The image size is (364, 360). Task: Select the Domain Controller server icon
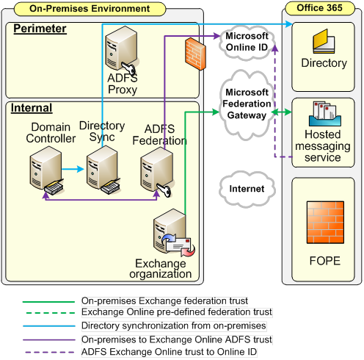46,170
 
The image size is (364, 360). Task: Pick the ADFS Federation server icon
157,172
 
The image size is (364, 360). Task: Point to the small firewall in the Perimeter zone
195,54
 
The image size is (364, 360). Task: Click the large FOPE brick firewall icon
325,223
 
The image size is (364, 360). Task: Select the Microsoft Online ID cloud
247,42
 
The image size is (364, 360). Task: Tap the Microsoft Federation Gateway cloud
247,104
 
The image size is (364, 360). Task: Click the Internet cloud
247,189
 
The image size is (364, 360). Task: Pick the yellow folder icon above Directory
324,41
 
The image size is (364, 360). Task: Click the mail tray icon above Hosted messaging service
325,114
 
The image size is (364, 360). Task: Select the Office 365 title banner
320,8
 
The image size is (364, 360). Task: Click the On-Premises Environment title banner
90,9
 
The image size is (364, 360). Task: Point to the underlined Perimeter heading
40,29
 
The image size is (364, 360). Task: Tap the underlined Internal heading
32,108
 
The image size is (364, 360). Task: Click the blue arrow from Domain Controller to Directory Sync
73,169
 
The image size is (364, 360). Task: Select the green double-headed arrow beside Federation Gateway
282,112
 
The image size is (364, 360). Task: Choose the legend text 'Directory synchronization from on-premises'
174,325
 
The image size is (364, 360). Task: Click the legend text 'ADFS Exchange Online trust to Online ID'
169,352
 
